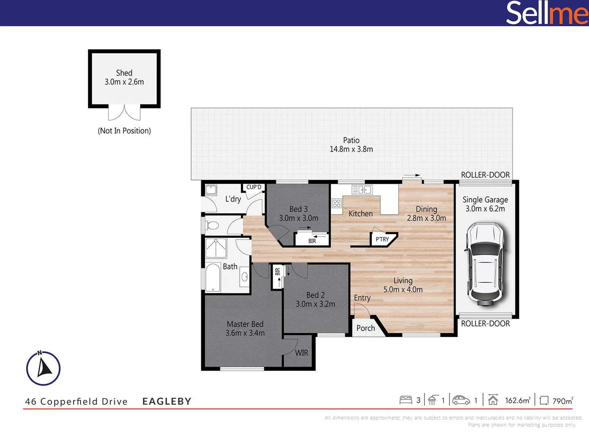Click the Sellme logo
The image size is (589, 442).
546,13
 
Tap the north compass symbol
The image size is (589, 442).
43,368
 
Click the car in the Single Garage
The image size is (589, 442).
485,264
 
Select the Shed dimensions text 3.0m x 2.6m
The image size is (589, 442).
124,82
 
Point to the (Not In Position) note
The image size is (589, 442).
124,131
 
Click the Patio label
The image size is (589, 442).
351,140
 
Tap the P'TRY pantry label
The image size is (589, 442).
382,239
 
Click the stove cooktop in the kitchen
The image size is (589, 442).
337,203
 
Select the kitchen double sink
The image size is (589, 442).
362,189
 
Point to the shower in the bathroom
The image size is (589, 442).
216,248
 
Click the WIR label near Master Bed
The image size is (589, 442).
301,353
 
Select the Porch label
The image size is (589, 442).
365,328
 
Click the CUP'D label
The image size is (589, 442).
254,187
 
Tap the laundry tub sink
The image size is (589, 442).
211,190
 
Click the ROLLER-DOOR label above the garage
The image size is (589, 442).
485,175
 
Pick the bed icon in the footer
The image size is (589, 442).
405,400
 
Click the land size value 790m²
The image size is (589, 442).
562,401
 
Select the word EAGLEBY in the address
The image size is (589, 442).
166,401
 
